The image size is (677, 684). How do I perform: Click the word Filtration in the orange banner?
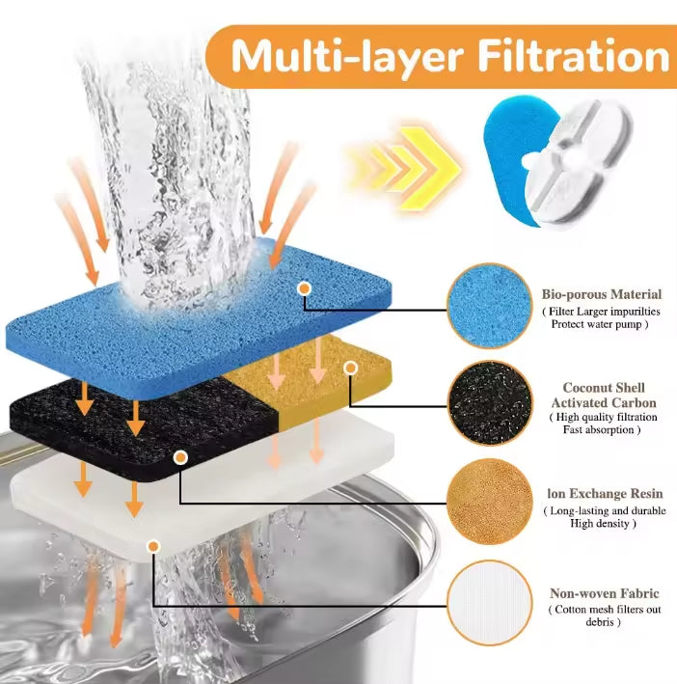point(573,56)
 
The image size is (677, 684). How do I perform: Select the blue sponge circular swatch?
point(490,306)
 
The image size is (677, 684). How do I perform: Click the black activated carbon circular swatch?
point(490,403)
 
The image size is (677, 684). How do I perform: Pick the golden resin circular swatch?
point(490,502)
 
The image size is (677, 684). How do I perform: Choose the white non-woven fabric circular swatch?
point(490,603)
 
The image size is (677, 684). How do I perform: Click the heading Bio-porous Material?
point(602,294)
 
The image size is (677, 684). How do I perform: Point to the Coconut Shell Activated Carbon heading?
point(604,396)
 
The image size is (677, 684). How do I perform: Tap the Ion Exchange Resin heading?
point(605,494)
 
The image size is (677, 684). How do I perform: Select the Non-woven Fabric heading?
point(605,593)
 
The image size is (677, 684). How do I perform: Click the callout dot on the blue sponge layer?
point(305,288)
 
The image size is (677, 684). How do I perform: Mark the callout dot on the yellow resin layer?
point(350,369)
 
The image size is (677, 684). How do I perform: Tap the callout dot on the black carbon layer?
point(180,457)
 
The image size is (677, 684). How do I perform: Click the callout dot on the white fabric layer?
point(153,546)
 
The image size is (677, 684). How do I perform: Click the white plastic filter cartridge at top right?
point(578,164)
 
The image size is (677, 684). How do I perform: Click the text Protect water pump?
point(600,324)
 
